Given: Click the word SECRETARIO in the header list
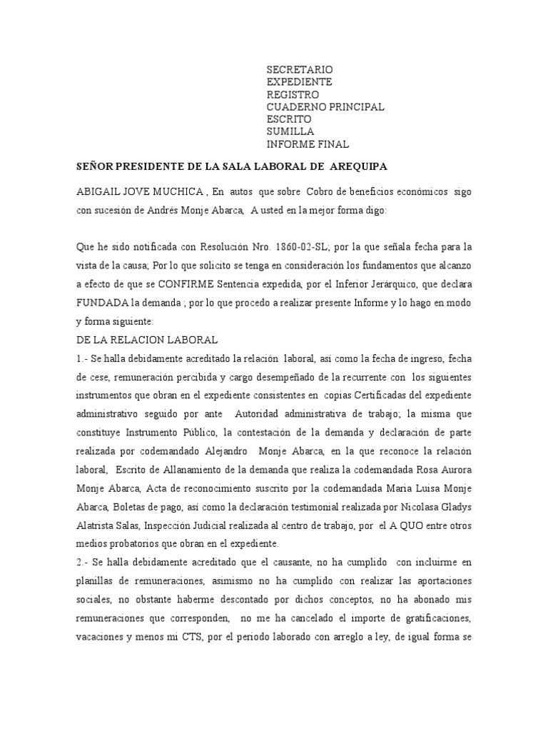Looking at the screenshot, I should pos(300,69).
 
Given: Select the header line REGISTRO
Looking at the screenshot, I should pos(293,94).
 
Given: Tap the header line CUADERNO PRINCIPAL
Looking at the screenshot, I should pos(325,107).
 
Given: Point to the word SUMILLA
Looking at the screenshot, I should pos(290,132).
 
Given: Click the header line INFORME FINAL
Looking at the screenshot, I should pos(308,145).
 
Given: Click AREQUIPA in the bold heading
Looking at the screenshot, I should pos(355,166).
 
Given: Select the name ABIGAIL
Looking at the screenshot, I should pos(100,193).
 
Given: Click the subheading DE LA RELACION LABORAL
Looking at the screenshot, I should pos(147,340).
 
